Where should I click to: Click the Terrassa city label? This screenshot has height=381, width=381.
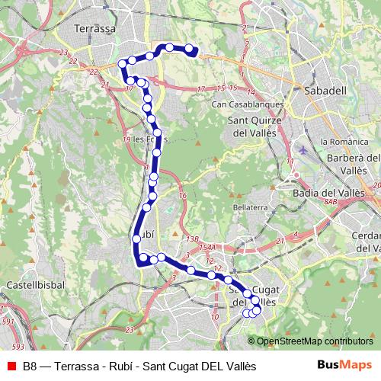click(x=95, y=28)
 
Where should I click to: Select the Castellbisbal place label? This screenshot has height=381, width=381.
click(x=27, y=285)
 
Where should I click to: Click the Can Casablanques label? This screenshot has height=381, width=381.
click(x=248, y=104)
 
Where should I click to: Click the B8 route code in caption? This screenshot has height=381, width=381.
click(x=30, y=366)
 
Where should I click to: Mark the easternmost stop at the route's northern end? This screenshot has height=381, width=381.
click(x=193, y=51)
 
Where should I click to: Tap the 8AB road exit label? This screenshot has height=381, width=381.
click(x=329, y=203)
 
